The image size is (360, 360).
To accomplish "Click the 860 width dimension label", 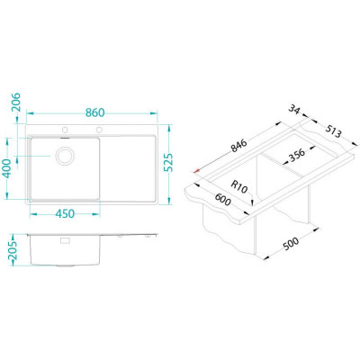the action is point(94,112).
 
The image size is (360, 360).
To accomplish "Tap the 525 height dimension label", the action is point(168,163).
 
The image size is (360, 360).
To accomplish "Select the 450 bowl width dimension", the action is point(65,213).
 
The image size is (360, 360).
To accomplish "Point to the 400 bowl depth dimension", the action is point(8,168).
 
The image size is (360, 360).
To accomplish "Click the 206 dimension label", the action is point(16,102).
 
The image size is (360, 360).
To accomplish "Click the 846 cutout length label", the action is point(239,146).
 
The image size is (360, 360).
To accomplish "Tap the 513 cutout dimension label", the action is point(333,131).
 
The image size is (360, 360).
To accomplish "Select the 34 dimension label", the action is point(294,109).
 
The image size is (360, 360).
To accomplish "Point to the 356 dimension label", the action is point(296,155).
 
